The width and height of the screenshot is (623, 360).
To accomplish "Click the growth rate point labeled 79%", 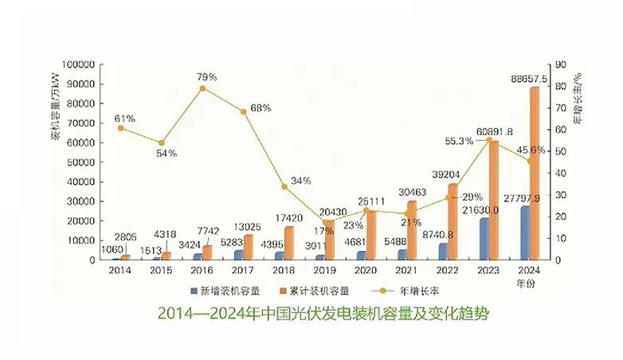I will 202,88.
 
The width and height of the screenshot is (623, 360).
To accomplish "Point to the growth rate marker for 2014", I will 120,127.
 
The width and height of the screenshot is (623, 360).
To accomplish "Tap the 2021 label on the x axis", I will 403,271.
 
